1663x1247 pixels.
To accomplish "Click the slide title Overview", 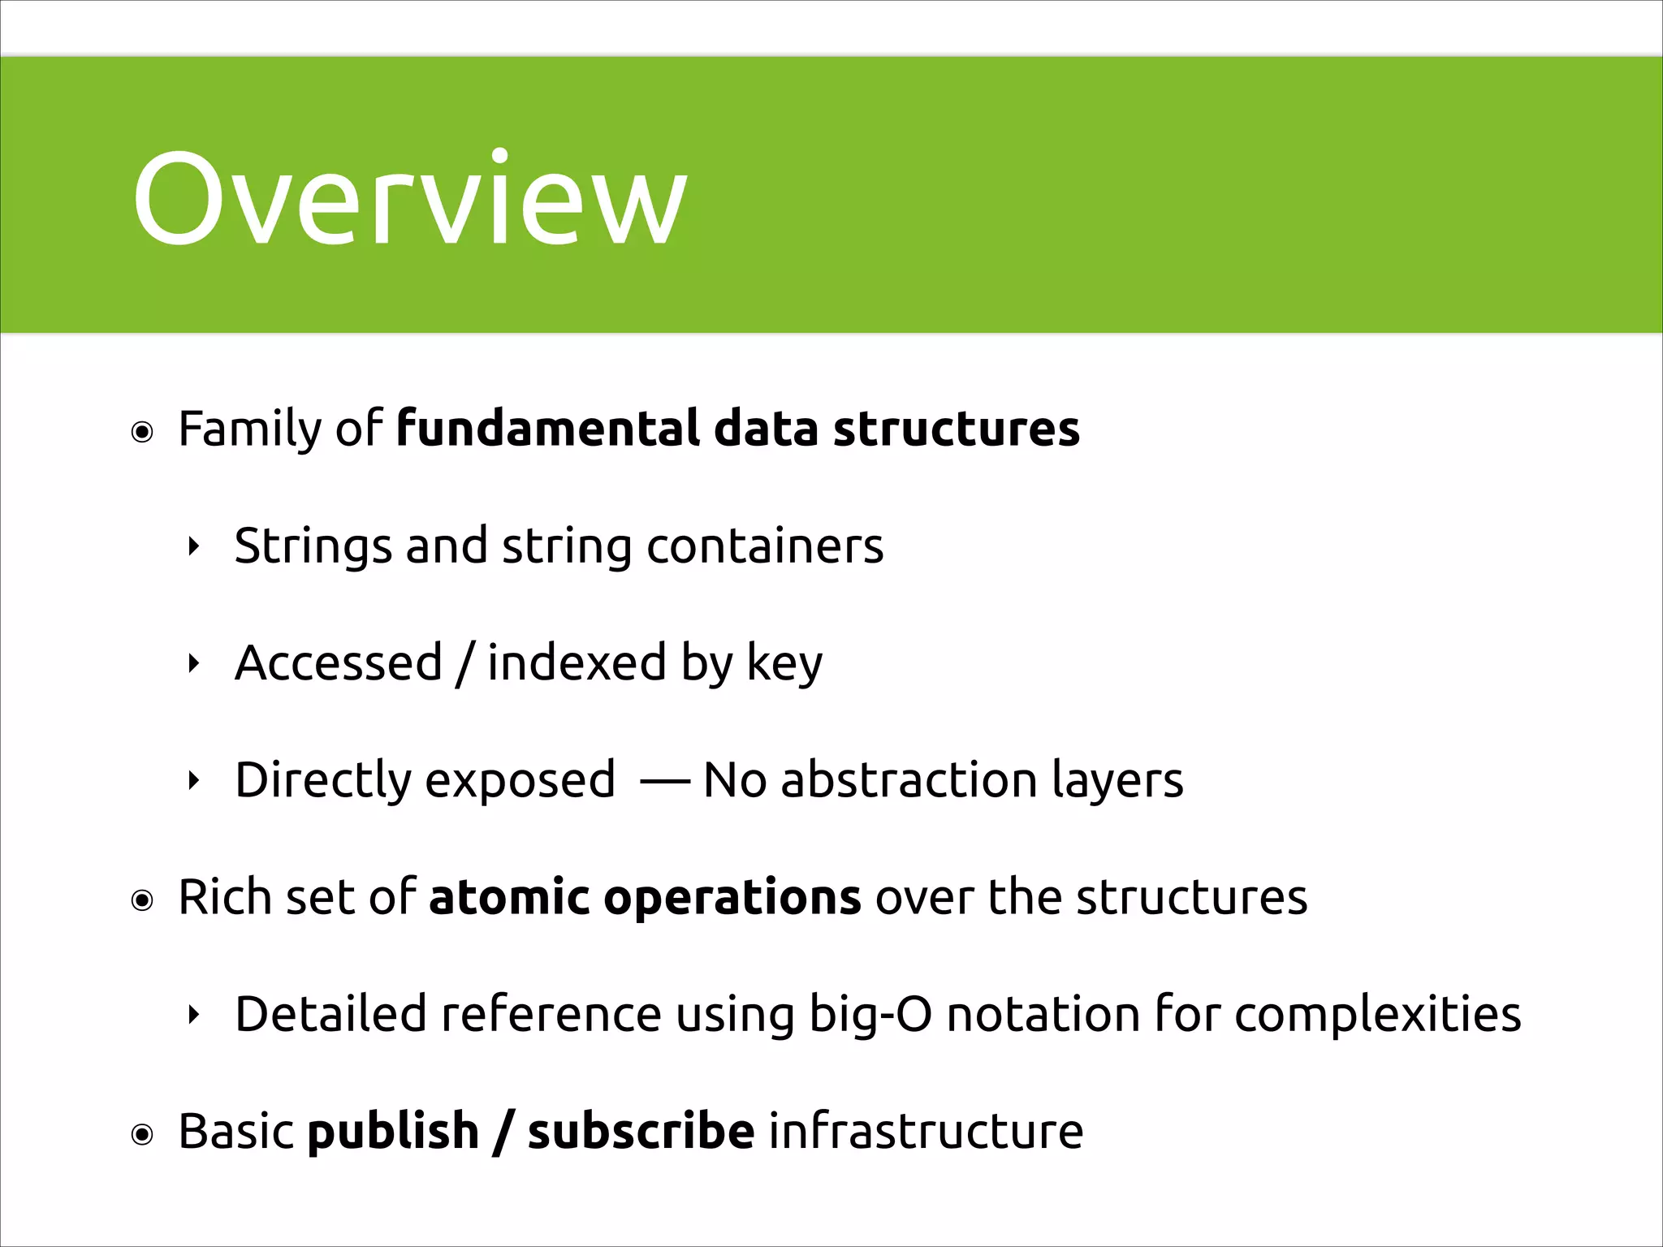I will click(409, 199).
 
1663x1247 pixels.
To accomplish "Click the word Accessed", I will click(338, 662).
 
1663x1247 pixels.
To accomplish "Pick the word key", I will click(784, 664).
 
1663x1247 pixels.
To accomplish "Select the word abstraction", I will click(909, 779).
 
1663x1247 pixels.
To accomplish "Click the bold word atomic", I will click(508, 897).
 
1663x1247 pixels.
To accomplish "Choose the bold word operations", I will click(732, 898).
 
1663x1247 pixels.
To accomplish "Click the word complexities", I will click(1377, 1015).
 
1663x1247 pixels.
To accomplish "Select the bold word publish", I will click(393, 1132).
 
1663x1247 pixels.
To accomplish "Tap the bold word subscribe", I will click(641, 1131).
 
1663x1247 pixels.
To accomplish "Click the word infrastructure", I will click(926, 1131).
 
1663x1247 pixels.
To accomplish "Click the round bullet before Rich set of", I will click(142, 901).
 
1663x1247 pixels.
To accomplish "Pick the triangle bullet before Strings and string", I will click(193, 547).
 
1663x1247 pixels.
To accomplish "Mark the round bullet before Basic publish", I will click(142, 1135).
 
